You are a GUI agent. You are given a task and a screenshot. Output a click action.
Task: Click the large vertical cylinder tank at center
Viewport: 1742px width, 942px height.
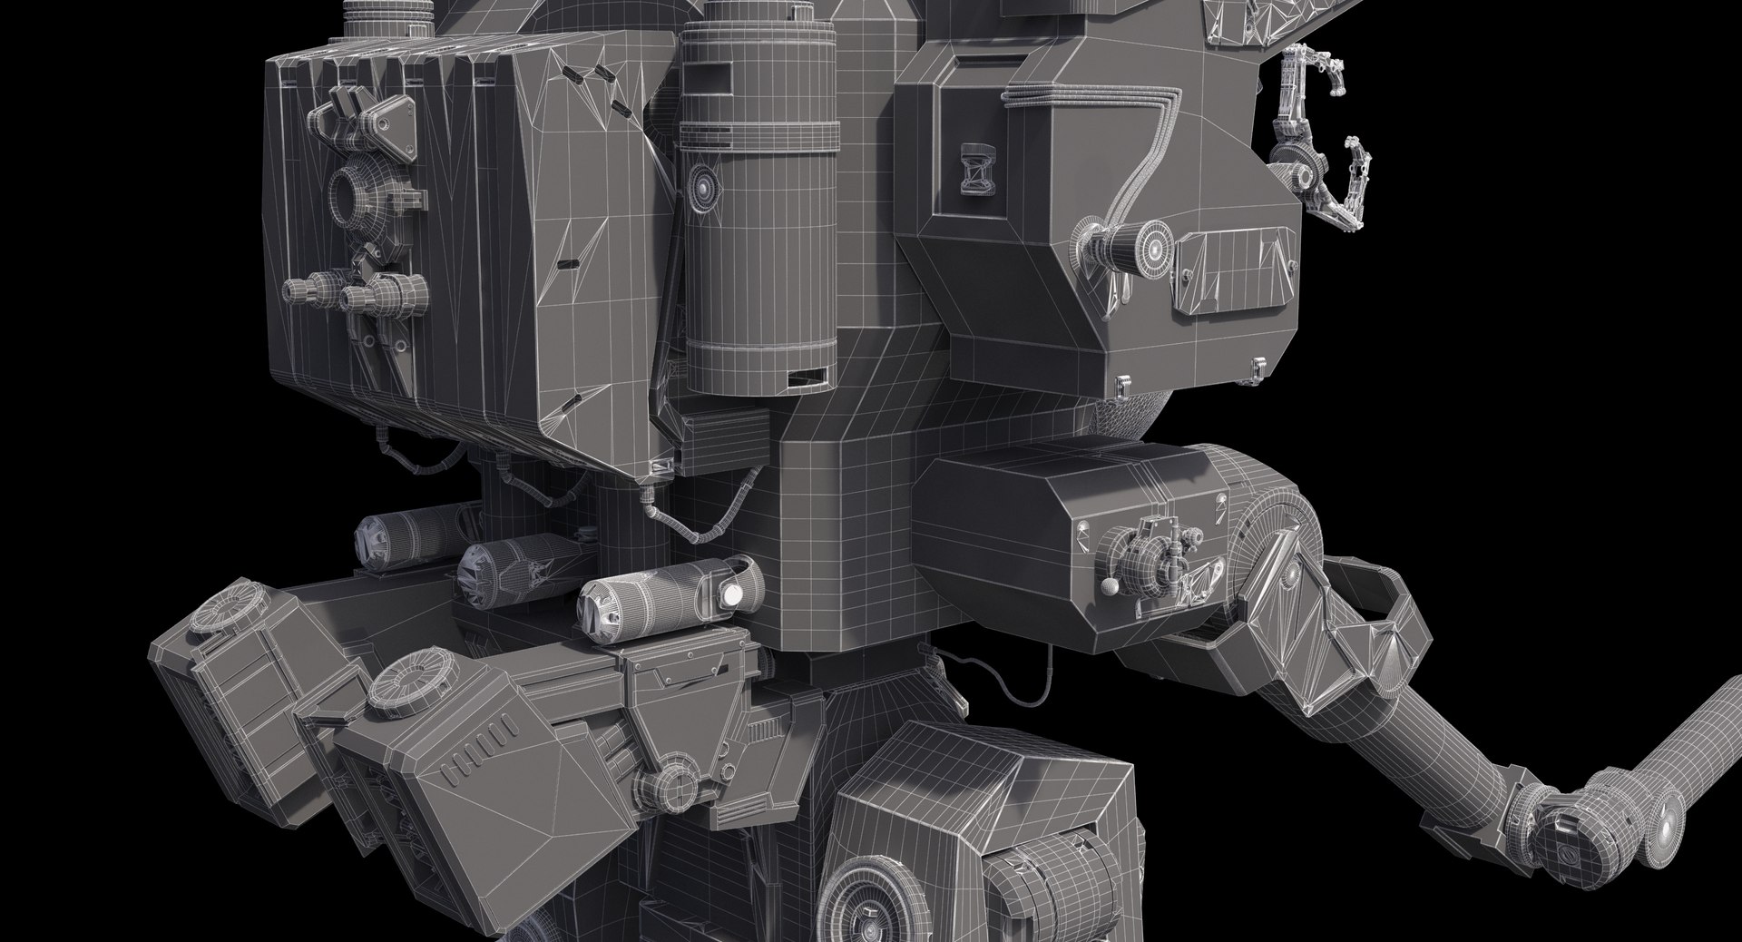click(x=758, y=209)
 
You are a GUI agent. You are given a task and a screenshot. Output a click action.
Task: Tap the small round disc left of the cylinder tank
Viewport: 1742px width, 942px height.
click(x=703, y=185)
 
